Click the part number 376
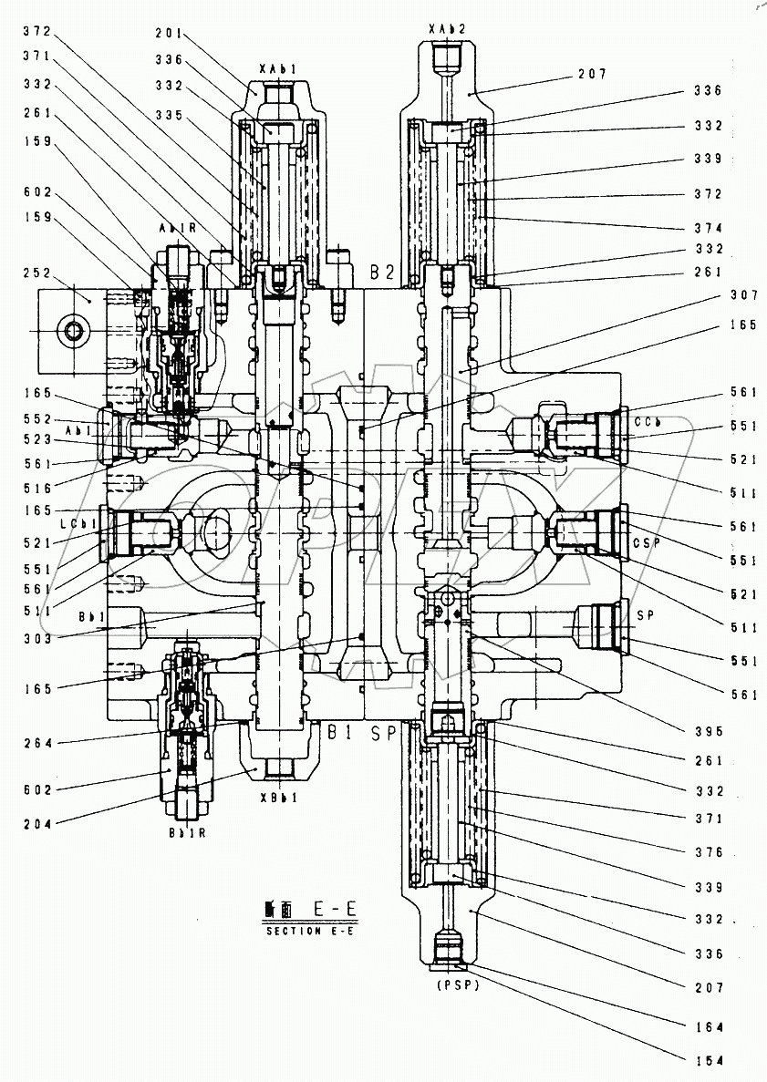(708, 852)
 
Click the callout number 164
(708, 1026)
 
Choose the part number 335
(171, 116)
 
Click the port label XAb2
(447, 29)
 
